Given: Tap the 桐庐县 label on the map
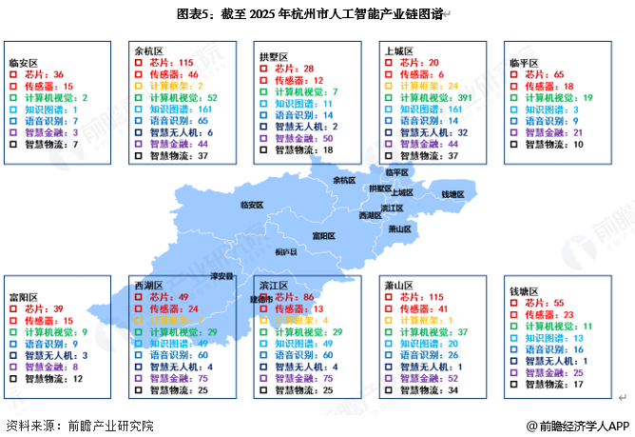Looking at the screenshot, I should coord(285,252).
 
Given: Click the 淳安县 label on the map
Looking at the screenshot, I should coord(221,276).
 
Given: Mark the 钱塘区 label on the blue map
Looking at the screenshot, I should coord(452,194).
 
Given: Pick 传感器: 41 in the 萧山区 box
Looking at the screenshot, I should coord(425,309).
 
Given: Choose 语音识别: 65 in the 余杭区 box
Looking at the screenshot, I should coord(178,121).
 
